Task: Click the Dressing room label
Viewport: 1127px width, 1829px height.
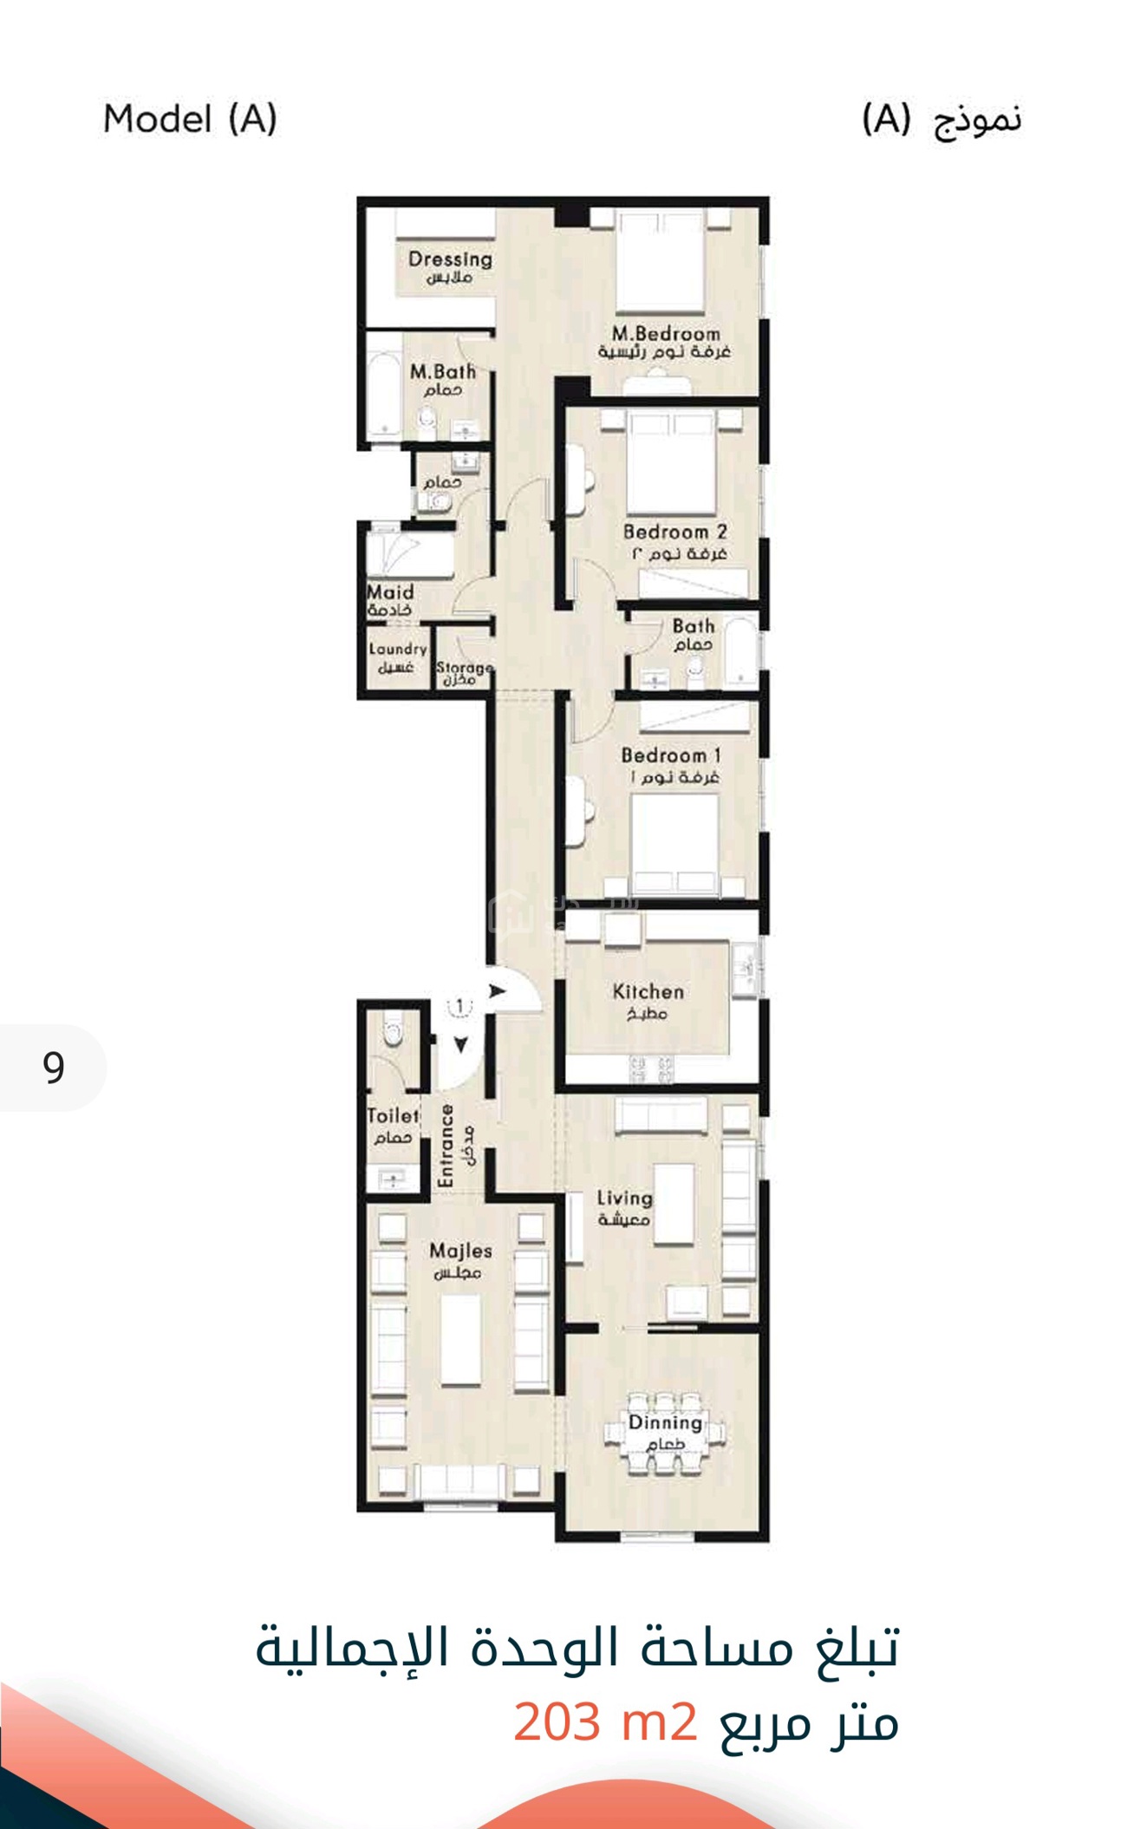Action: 450,259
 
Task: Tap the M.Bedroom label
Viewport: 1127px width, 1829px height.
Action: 666,334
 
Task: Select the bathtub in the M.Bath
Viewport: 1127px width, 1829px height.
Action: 381,394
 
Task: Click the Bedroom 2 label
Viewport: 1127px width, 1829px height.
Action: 674,532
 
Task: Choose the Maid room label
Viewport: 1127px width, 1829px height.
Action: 390,592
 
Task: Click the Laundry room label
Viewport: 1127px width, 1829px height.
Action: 398,649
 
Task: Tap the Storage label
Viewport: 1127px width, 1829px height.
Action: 465,667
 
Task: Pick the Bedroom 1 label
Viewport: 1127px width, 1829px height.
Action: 671,755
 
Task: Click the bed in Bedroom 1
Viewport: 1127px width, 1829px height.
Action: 675,845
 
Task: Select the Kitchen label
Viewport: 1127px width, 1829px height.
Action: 648,991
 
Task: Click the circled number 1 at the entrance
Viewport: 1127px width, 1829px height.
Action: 459,1006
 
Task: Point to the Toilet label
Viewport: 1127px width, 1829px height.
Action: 393,1116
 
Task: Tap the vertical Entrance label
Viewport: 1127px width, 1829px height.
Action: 446,1146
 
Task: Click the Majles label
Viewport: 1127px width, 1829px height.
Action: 461,1251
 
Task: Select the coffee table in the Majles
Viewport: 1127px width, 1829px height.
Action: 460,1341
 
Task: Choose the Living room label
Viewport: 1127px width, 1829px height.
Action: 625,1199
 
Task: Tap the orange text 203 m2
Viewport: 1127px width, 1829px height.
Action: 605,1721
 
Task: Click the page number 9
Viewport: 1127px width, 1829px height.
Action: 54,1067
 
